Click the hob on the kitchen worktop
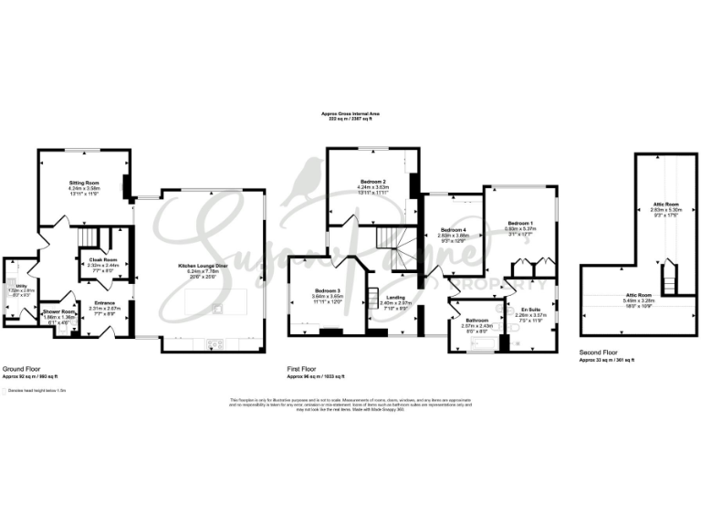tap(216, 343)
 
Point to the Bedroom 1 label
tap(519, 223)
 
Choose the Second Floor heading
tap(597, 352)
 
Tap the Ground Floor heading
tap(20, 369)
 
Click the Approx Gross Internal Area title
tap(350, 113)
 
